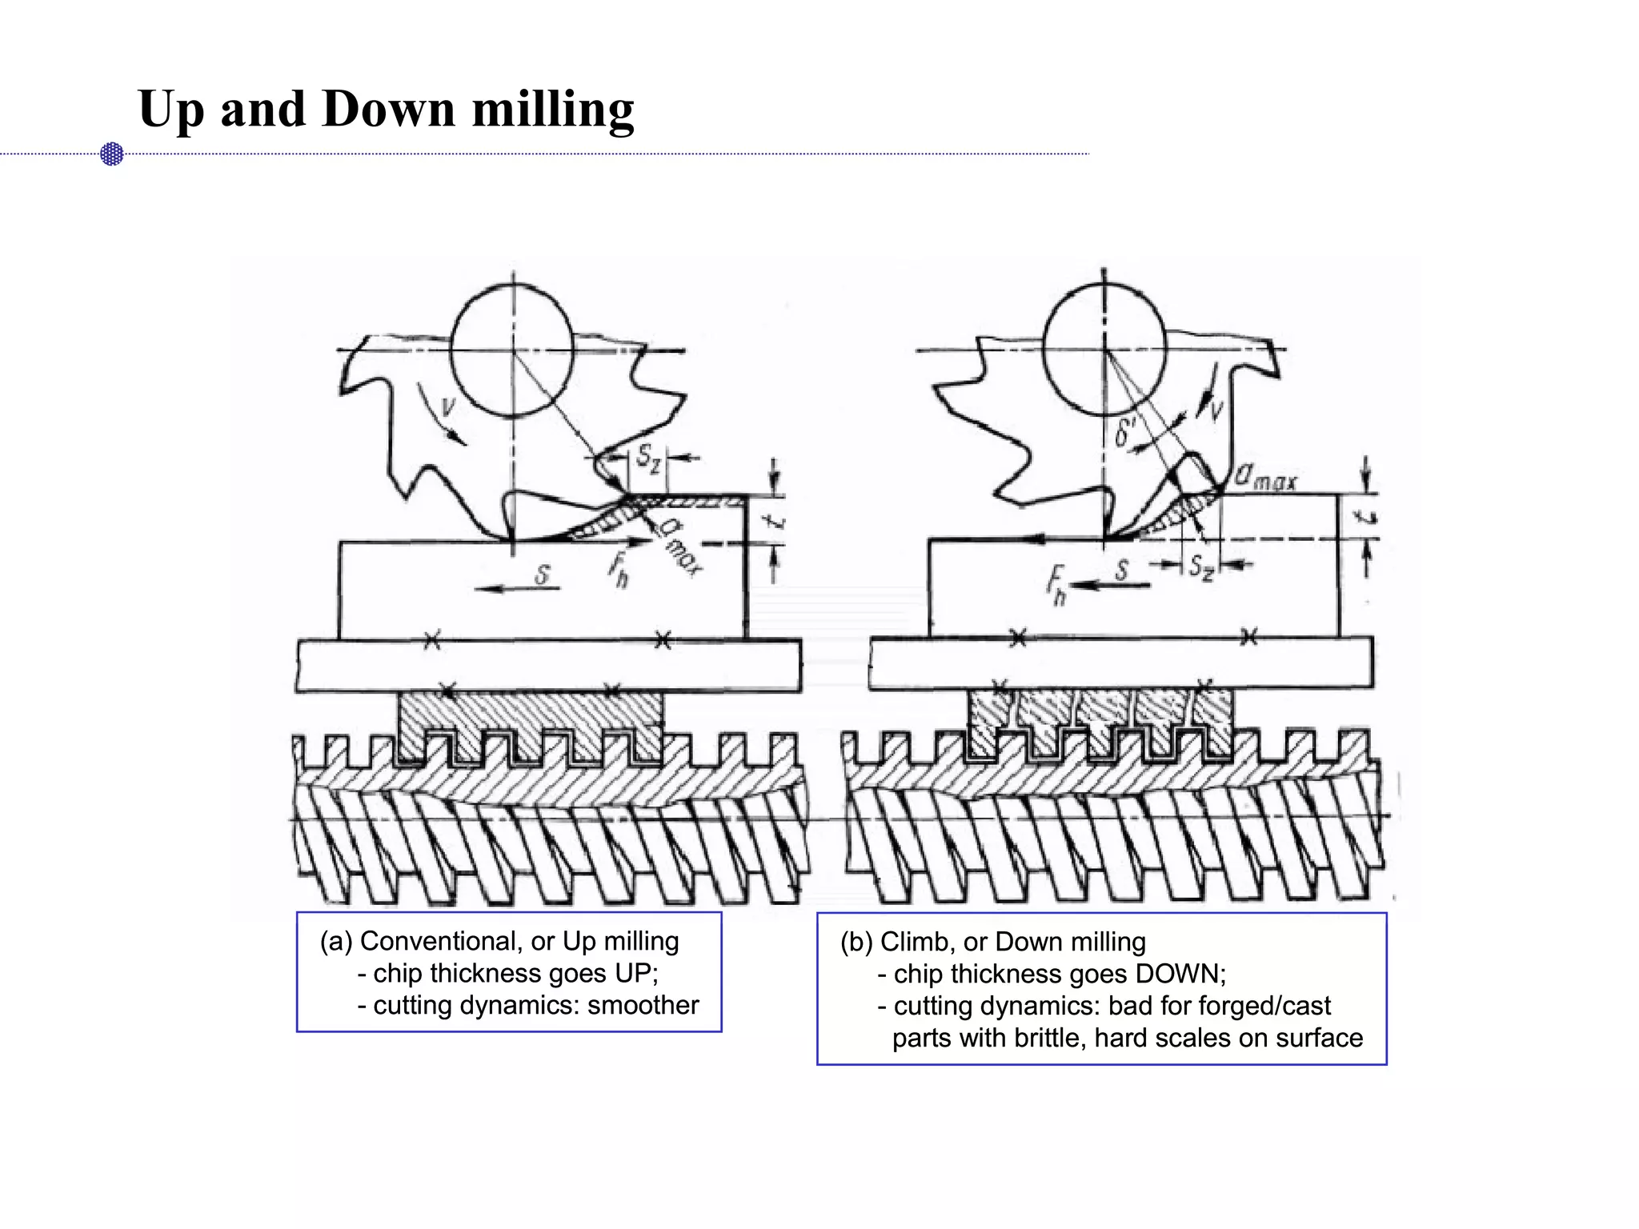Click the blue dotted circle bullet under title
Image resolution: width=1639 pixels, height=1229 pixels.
click(x=112, y=154)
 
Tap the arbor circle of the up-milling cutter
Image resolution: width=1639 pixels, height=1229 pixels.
click(x=512, y=351)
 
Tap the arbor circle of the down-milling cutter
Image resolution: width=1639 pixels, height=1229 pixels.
click(x=1104, y=351)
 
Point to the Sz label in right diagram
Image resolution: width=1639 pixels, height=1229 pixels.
click(x=1200, y=567)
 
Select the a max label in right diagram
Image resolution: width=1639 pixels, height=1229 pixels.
click(x=1264, y=477)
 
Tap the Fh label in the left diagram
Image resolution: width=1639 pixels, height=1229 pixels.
click(x=618, y=570)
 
